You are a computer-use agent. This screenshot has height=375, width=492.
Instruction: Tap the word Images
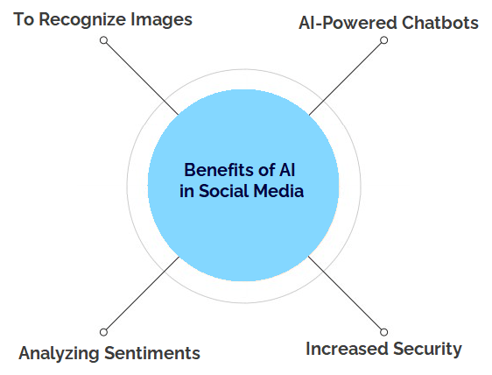[161, 20]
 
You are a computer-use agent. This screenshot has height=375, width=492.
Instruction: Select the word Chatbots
[440, 23]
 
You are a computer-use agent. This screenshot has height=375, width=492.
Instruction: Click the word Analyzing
[59, 353]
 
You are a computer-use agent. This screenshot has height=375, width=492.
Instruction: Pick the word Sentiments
[152, 353]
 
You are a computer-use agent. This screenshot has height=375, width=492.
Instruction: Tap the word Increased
[347, 349]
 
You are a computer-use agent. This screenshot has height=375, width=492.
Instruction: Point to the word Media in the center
[278, 191]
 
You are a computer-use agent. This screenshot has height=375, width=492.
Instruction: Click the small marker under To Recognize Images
[103, 40]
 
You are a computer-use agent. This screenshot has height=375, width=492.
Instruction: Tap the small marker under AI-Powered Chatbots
[383, 40]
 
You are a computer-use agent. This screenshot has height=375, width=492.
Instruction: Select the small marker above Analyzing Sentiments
[103, 332]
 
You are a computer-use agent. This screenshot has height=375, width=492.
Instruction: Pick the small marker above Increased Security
[383, 332]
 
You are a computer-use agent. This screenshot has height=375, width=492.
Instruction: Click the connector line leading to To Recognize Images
[142, 79]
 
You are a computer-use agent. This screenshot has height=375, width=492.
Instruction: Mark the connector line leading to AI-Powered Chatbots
[345, 79]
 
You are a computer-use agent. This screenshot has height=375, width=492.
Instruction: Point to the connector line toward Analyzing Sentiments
[143, 293]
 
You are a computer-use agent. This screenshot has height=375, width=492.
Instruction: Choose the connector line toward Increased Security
[345, 293]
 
